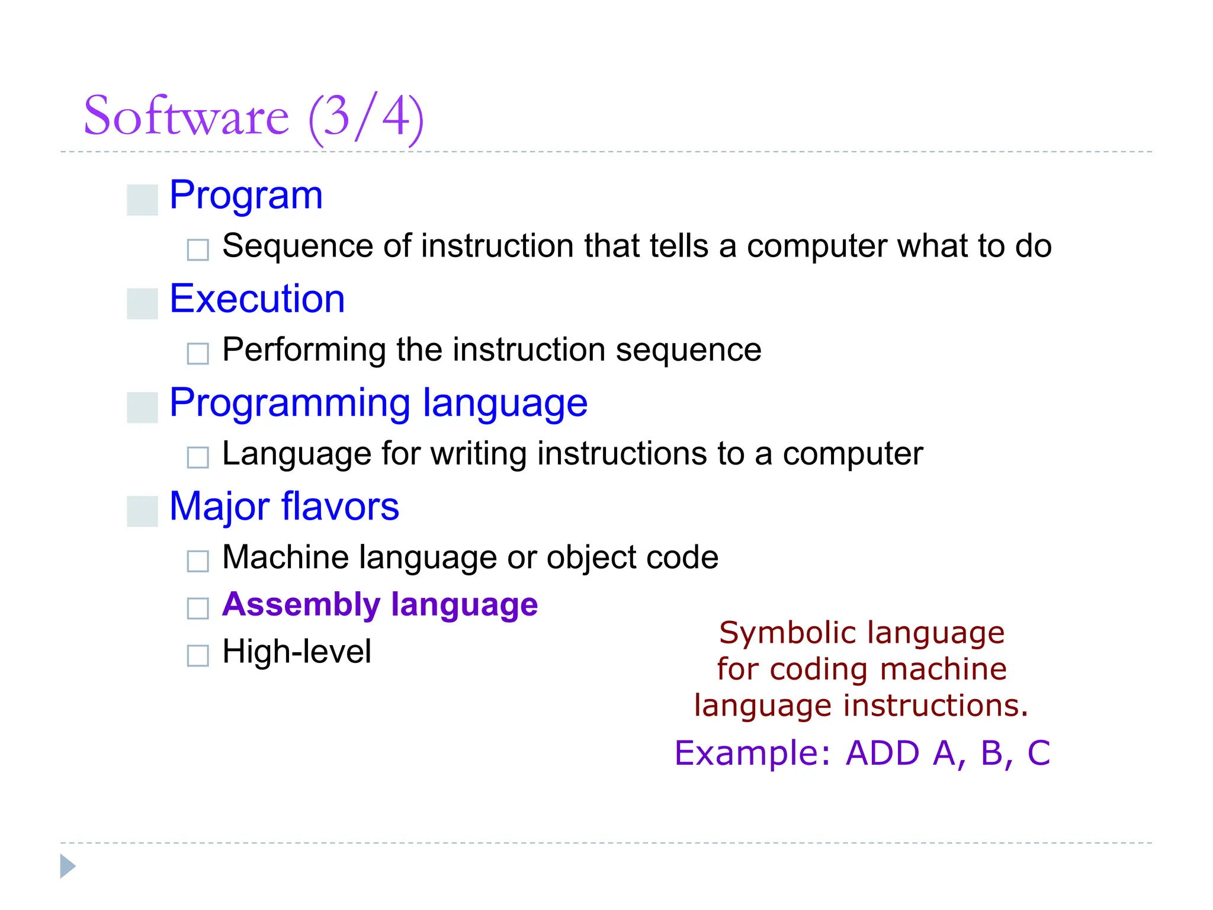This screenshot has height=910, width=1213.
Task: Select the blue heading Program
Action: (246, 196)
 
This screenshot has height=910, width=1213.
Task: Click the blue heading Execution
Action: (257, 299)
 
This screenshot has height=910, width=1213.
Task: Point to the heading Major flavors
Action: (284, 507)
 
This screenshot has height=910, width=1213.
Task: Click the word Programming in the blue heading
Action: (290, 403)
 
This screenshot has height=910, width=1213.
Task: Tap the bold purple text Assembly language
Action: (380, 605)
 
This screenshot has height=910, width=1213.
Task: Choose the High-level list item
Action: (297, 652)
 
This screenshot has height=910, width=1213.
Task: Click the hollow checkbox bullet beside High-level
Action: (198, 656)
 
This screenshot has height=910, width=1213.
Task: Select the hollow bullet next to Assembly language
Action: (198, 608)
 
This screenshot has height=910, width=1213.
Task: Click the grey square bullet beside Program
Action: (142, 200)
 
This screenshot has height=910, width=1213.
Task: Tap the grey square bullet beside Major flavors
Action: (142, 511)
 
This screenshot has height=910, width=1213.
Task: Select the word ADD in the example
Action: (883, 753)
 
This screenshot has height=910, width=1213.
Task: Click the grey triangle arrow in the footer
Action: (67, 866)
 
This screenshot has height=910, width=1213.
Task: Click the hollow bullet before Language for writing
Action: (198, 457)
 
